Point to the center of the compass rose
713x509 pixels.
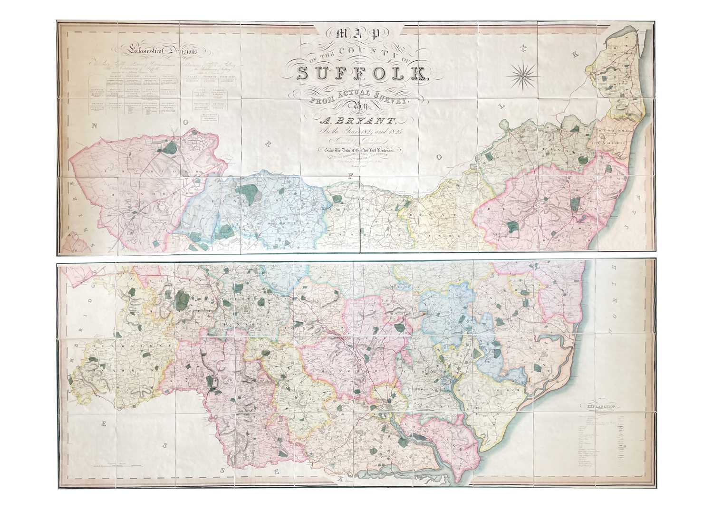(521, 73)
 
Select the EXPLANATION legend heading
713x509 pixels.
(601, 407)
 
